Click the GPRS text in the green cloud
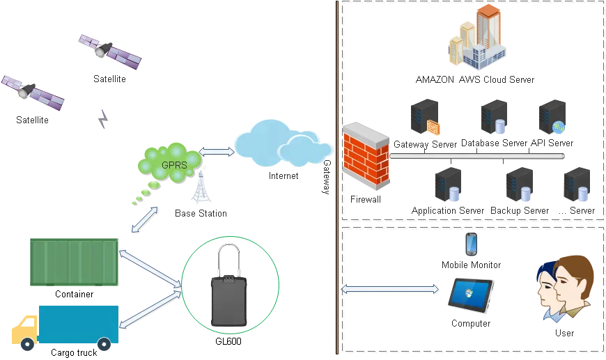click(x=173, y=165)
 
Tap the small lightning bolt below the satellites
click(x=104, y=119)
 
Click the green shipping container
click(x=75, y=261)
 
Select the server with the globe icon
click(x=553, y=118)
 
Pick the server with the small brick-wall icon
click(x=424, y=118)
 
